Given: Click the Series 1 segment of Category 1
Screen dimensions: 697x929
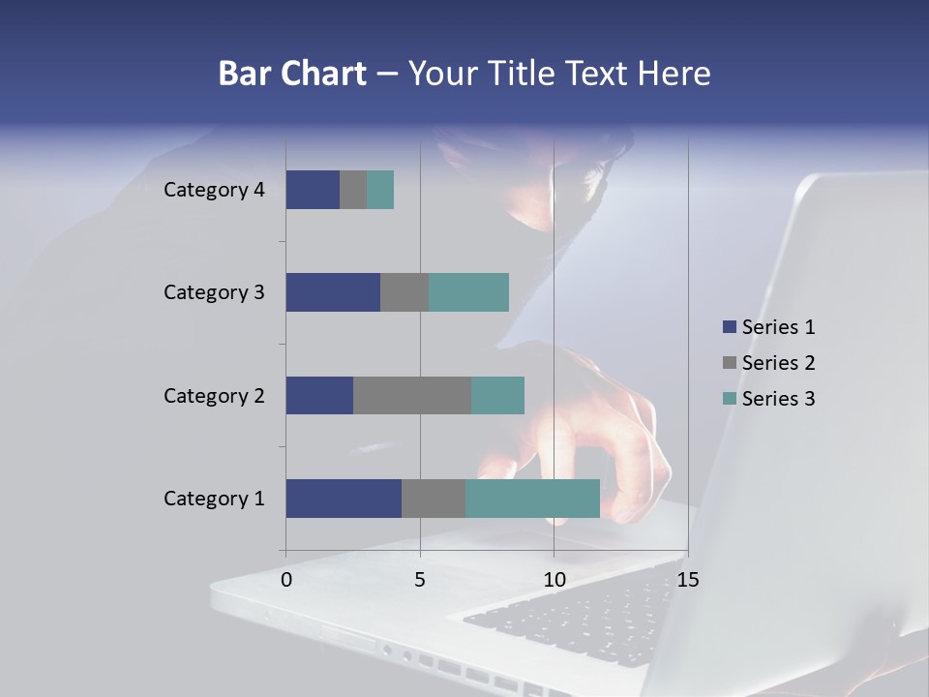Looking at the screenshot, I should pyautogui.click(x=344, y=499).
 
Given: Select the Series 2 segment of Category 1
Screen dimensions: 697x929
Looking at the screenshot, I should pyautogui.click(x=434, y=499).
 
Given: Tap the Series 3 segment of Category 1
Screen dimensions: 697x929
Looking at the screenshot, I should pyautogui.click(x=532, y=499).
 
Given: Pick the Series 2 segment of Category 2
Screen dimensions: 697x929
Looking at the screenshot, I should pyautogui.click(x=412, y=395).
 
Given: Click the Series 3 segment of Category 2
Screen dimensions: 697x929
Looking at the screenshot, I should pyautogui.click(x=497, y=395).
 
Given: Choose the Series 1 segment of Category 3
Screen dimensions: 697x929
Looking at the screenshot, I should pyautogui.click(x=333, y=292).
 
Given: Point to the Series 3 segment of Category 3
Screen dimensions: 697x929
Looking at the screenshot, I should pyautogui.click(x=468, y=292).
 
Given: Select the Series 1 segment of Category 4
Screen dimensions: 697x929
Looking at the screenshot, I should pyautogui.click(x=313, y=190).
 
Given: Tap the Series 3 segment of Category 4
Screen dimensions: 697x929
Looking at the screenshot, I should pyautogui.click(x=380, y=190).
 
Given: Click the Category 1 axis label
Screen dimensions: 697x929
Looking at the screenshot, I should pyautogui.click(x=214, y=499).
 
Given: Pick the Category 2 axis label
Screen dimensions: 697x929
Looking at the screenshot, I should pyautogui.click(x=214, y=395).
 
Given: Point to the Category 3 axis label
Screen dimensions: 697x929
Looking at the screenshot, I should pyautogui.click(x=214, y=292).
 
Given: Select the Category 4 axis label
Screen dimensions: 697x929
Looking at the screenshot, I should pyautogui.click(x=214, y=190).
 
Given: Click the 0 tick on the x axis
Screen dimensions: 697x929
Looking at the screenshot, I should pyautogui.click(x=286, y=580).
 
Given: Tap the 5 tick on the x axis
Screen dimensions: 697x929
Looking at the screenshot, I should pyautogui.click(x=420, y=580).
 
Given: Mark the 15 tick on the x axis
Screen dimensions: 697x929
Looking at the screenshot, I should pyautogui.click(x=687, y=580).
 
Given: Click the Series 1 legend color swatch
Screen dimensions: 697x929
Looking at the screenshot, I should pyautogui.click(x=730, y=327).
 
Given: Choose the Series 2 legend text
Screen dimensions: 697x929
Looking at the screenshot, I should pyautogui.click(x=778, y=363).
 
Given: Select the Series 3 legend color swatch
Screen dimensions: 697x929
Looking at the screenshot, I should pyautogui.click(x=730, y=399).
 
